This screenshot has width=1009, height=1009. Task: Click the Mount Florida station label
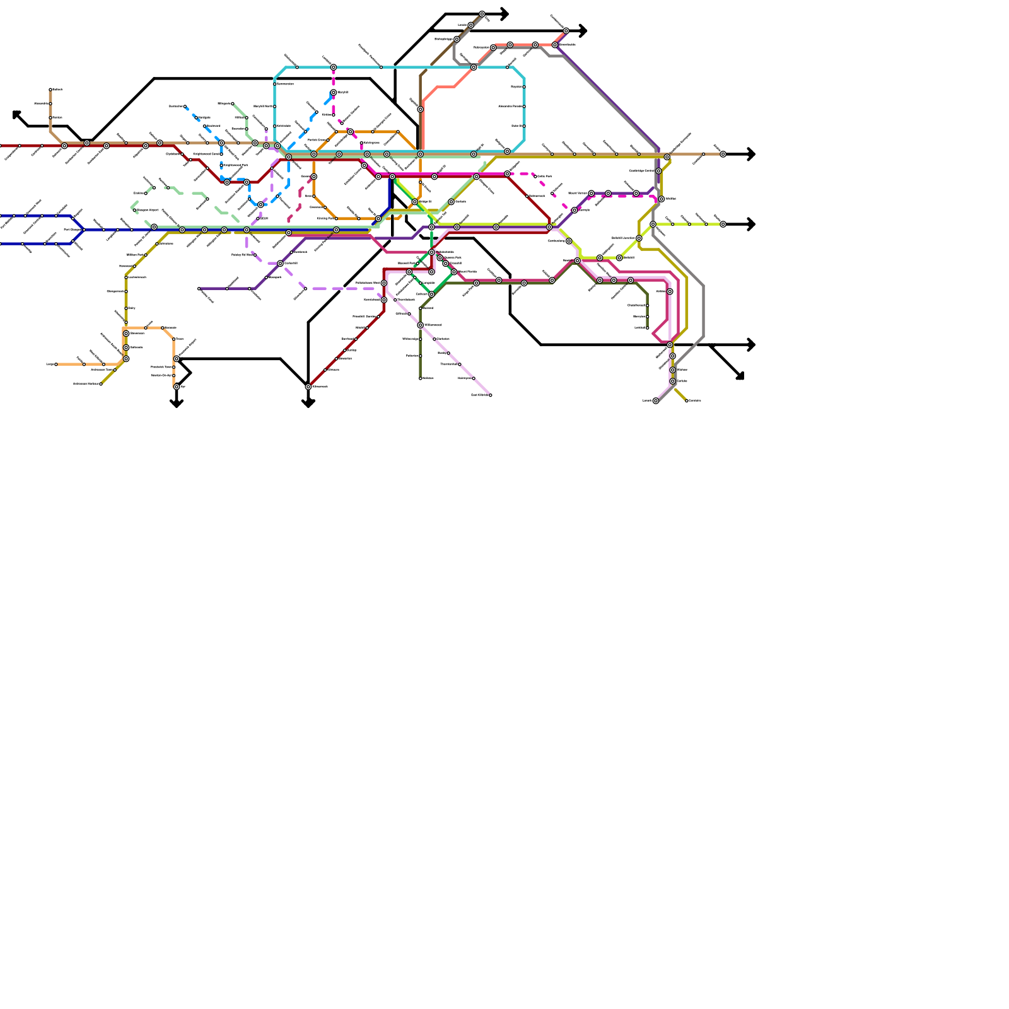[467, 272]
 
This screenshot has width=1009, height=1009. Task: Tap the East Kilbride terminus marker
[491, 395]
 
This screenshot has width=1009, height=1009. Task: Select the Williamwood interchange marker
[421, 325]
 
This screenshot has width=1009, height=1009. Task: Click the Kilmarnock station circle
[308, 387]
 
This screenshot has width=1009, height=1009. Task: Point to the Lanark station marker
[656, 401]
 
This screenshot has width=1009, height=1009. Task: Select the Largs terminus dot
[56, 365]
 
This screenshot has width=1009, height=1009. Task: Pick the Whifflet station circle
[662, 199]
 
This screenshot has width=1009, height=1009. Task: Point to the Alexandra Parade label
[510, 107]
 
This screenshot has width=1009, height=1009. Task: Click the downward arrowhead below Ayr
[177, 403]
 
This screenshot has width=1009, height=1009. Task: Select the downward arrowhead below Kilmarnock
[308, 404]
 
